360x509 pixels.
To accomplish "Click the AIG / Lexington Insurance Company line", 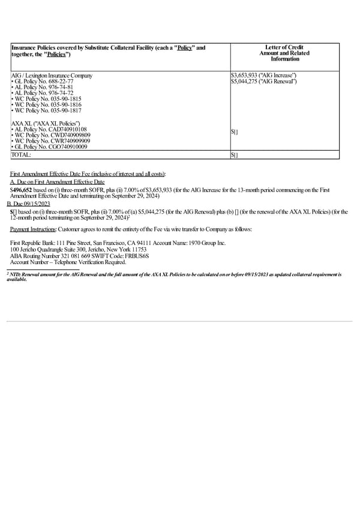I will tap(52, 75).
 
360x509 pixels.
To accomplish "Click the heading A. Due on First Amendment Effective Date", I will tap(57, 181).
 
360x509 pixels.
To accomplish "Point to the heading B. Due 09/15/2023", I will tap(28, 204).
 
